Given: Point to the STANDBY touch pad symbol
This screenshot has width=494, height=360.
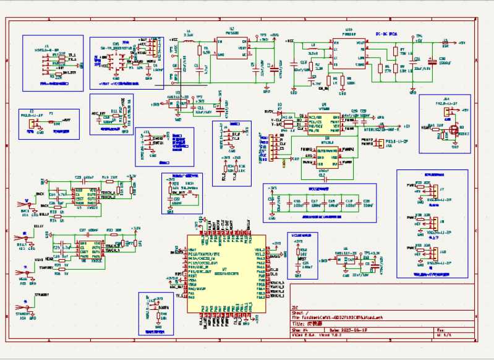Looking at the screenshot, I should pyautogui.click(x=25, y=307).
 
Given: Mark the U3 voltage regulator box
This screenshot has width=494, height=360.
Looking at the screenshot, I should pyautogui.click(x=178, y=103).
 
